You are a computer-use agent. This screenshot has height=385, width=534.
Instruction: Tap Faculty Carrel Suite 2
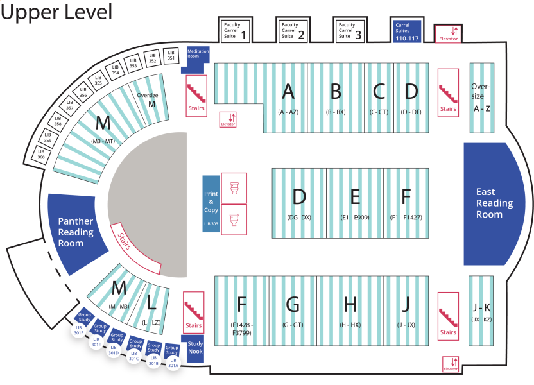click(293, 31)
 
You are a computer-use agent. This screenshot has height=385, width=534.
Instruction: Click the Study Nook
click(195, 348)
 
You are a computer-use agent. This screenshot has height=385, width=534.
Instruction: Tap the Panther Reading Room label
click(76, 232)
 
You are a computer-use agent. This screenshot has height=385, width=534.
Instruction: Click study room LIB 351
click(171, 55)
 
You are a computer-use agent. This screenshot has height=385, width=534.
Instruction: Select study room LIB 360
click(41, 155)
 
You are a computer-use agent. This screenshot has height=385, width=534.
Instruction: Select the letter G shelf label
click(293, 304)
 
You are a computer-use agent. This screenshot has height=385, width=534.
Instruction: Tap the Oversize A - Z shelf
click(481, 97)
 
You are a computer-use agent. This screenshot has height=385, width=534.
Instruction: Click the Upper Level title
click(56, 12)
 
